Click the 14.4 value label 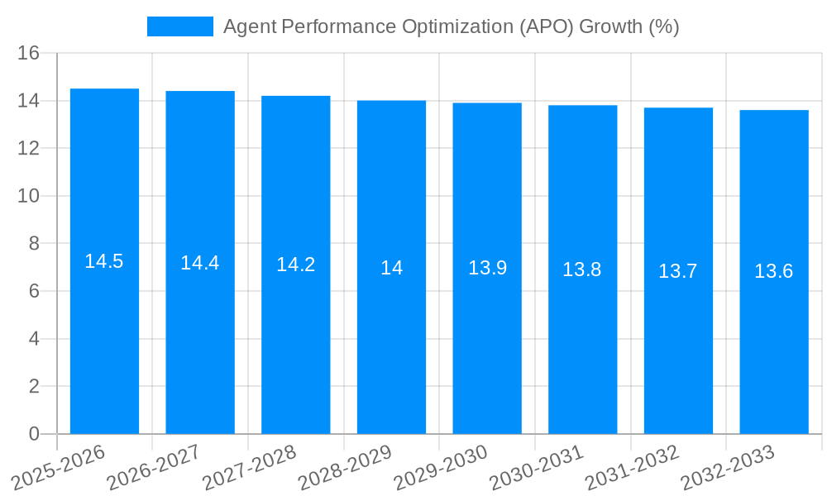point(200,263)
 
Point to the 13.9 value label point(487,268)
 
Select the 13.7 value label point(678,271)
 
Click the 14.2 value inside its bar point(296,265)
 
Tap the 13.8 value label point(582,269)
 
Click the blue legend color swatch point(179,26)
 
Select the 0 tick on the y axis point(34,434)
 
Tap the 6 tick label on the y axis point(34,291)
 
